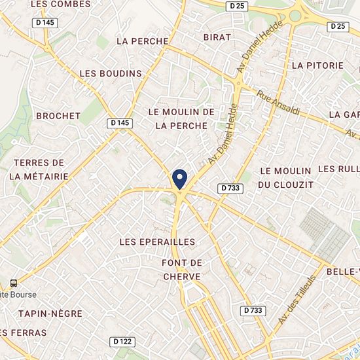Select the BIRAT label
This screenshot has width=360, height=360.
(217, 37)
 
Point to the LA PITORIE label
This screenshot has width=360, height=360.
(317, 65)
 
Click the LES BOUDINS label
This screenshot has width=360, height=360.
(111, 73)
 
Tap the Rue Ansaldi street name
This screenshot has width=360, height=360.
(278, 103)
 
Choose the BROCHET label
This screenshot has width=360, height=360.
(58, 116)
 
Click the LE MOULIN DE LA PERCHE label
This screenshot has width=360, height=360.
(181, 118)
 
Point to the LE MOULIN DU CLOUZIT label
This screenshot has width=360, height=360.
(283, 177)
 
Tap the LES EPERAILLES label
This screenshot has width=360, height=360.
(158, 242)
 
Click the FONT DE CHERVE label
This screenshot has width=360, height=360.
(181, 270)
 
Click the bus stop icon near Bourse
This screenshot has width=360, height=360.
(13, 283)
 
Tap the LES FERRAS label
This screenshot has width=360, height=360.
(24, 333)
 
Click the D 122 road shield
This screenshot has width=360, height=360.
(122, 341)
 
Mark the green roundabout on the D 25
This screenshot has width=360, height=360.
(296, 16)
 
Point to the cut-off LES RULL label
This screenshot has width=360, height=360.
(338, 169)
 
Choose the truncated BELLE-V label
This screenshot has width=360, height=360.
(343, 272)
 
